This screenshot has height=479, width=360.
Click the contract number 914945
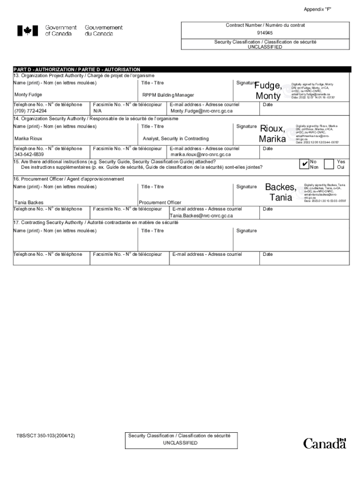[265, 33]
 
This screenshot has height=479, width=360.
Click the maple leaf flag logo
[28, 31]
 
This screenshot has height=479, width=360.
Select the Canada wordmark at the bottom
[324, 443]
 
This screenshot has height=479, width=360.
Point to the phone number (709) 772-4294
[30, 111]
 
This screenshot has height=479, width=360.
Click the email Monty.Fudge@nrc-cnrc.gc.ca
[202, 111]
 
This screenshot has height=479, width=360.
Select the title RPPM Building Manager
[168, 95]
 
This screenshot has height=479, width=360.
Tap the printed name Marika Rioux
[29, 139]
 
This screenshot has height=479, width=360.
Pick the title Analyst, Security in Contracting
[176, 139]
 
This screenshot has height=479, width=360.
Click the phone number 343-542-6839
[29, 154]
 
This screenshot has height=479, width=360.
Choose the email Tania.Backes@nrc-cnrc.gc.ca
[201, 216]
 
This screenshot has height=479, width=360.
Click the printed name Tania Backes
[29, 203]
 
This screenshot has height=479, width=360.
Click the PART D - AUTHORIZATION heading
[77, 69]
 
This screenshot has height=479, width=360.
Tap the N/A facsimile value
[98, 111]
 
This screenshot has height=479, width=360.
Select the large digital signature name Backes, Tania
[281, 192]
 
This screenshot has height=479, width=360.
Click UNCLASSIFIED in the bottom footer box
[180, 443]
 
